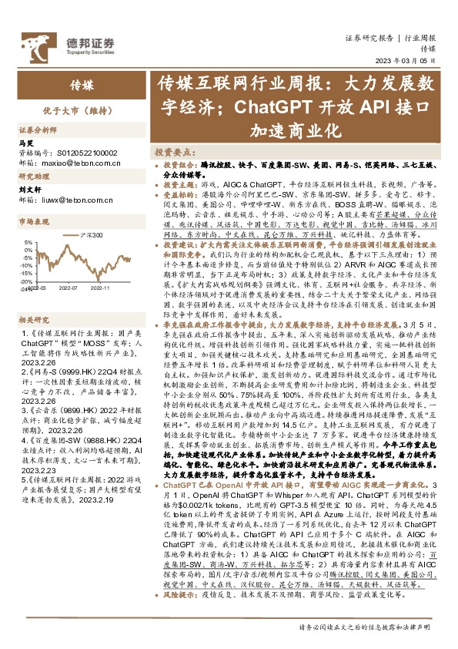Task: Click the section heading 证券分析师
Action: pyautogui.click(x=38, y=131)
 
